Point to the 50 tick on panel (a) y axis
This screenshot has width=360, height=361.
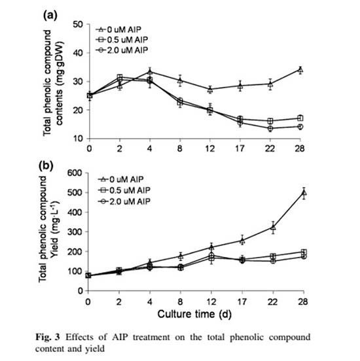coord(77,24)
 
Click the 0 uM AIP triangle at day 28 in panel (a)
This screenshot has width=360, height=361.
coord(300,69)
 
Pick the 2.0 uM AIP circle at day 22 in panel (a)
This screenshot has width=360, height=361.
coord(270,128)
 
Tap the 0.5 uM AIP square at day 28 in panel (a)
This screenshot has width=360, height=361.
coord(300,118)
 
